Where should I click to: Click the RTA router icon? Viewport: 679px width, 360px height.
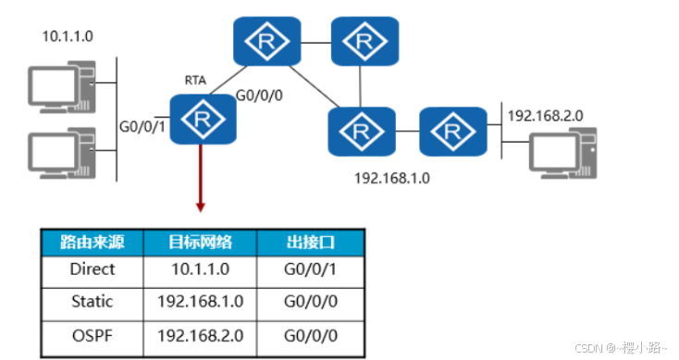tap(203, 118)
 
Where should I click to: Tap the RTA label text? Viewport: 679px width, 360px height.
tap(195, 81)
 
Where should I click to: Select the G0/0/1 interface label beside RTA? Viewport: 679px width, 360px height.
tap(142, 127)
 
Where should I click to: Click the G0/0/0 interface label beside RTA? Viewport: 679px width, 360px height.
tap(259, 95)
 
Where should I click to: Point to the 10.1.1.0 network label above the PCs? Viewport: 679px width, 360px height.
tap(68, 36)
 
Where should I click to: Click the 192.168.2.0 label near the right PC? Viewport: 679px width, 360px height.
tap(545, 116)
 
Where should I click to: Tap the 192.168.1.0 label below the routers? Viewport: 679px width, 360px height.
tap(392, 178)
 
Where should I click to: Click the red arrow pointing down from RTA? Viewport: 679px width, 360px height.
tap(200, 178)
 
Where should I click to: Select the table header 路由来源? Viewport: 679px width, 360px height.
tap(93, 242)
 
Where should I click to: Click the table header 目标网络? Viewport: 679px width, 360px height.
tap(200, 242)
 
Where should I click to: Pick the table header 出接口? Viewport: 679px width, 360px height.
tap(311, 242)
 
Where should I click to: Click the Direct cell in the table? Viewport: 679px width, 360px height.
tap(93, 269)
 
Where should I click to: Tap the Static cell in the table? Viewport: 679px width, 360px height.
tap(93, 301)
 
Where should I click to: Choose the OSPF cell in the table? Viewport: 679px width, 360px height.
tap(93, 335)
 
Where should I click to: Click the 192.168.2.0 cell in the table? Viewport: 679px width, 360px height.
tap(200, 335)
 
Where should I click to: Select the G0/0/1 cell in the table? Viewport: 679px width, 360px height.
tap(311, 269)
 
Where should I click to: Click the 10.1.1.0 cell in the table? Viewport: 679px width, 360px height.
tap(200, 269)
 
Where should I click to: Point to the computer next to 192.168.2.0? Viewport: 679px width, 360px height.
tap(563, 154)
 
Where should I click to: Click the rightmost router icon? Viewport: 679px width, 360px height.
tap(453, 131)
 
